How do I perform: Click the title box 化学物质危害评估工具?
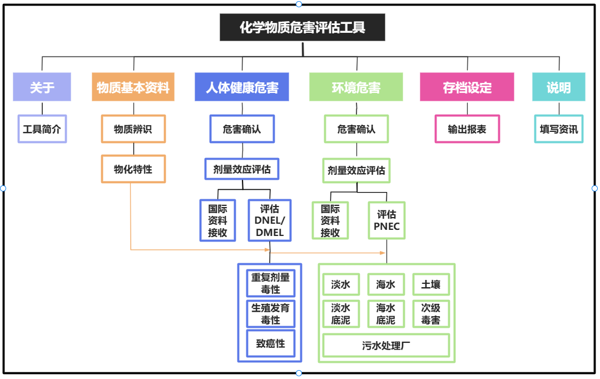[x=303, y=27]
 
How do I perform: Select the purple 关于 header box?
[x=42, y=87]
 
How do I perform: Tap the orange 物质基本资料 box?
[x=133, y=87]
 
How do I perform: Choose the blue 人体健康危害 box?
[x=242, y=87]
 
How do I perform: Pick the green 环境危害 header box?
[x=356, y=87]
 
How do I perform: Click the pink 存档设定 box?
[x=467, y=87]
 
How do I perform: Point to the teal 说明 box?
[x=558, y=87]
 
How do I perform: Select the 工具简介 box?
[x=42, y=129]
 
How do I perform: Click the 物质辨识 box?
[x=133, y=129]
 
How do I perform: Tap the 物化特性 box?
[x=133, y=169]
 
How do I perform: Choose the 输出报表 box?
[x=467, y=129]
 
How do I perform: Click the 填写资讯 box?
[x=559, y=129]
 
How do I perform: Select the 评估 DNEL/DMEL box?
[x=269, y=220]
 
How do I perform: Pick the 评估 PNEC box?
[x=386, y=220]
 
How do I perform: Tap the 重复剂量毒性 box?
[x=270, y=283]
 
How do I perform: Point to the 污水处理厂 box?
[x=386, y=346]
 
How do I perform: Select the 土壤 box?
[x=431, y=284]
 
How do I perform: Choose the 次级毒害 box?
[x=431, y=314]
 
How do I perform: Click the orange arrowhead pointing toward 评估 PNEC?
[x=383, y=253]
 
